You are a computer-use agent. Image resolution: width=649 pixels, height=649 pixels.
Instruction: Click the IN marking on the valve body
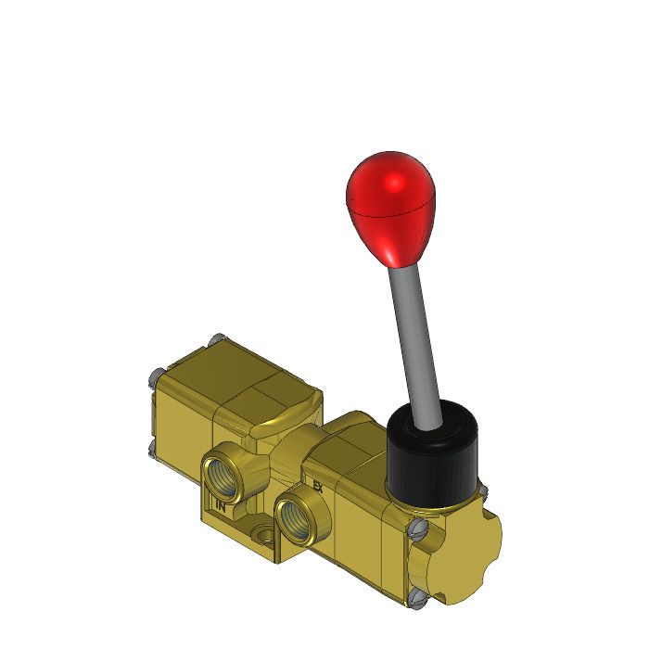(x=221, y=506)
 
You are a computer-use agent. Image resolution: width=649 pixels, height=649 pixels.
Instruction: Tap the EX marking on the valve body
(x=318, y=485)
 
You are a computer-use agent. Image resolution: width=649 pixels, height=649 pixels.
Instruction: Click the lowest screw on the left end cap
(x=152, y=449)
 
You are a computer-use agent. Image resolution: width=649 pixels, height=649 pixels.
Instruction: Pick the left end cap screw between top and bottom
(x=153, y=375)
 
